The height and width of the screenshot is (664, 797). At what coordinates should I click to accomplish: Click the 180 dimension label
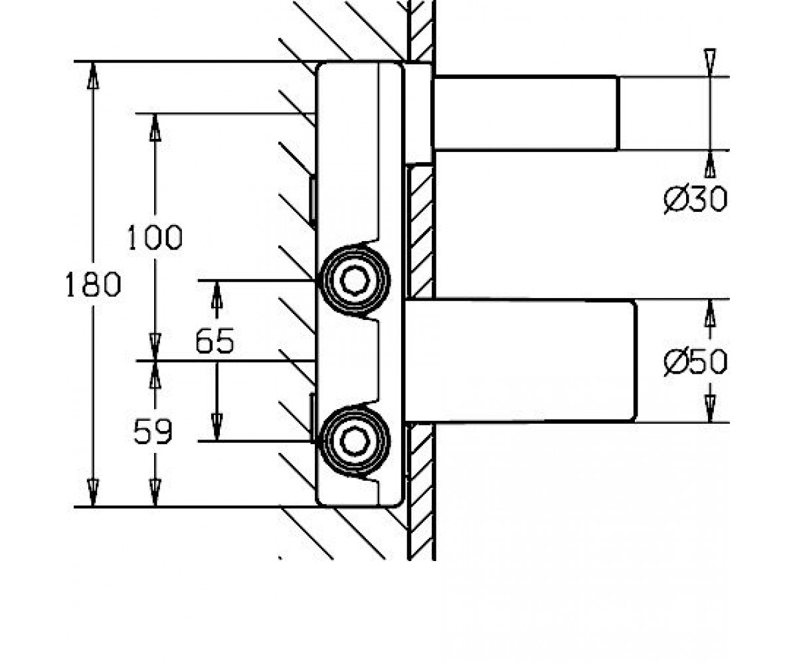coord(93,284)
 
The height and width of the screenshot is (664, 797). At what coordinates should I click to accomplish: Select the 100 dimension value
coord(155,237)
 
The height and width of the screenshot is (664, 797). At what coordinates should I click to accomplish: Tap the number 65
coord(215,341)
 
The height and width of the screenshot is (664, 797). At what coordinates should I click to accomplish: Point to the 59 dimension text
coord(153,432)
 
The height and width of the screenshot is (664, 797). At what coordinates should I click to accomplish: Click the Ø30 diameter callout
coord(695,199)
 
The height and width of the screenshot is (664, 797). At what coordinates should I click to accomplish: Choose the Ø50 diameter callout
coord(695,362)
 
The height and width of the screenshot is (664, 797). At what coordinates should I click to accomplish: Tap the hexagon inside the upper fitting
coord(355,280)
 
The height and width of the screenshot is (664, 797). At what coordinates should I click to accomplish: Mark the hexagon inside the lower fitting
coord(355,442)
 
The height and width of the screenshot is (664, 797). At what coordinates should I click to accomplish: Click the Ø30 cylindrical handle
coord(525,114)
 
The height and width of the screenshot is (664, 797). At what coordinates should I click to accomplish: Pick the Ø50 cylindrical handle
coord(521,361)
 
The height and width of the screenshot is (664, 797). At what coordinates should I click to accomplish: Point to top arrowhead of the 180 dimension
coord(93,75)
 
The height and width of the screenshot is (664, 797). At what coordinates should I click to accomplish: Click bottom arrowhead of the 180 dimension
coord(93,493)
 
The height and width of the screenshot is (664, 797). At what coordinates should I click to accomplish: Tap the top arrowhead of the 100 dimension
coord(155,127)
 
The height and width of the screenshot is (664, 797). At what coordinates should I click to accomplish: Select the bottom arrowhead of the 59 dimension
coord(155,493)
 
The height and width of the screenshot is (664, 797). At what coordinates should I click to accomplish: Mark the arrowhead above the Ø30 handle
coord(709,62)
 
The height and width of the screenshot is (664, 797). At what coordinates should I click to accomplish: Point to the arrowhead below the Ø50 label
coord(711,409)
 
